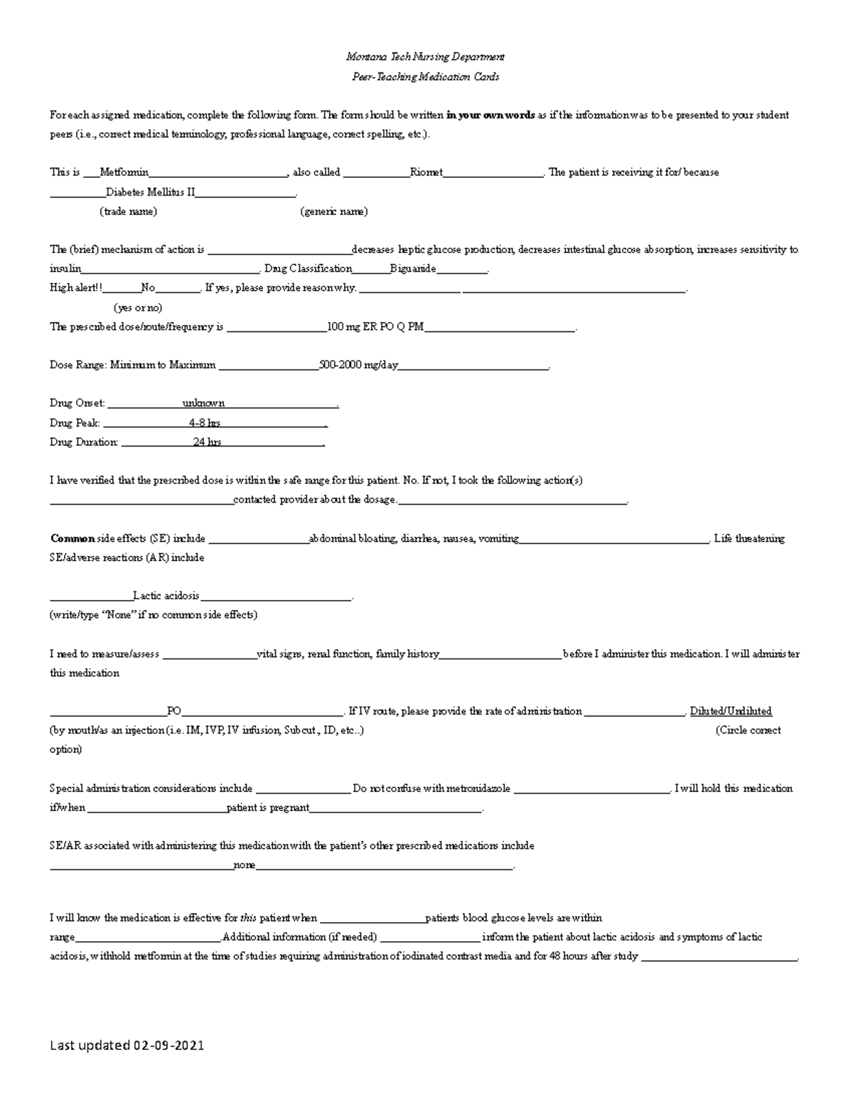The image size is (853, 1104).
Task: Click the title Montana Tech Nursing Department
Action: (425, 57)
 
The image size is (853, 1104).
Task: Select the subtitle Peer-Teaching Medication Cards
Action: (425, 77)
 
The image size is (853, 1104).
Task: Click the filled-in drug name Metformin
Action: (124, 172)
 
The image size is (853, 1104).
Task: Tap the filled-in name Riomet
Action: (426, 172)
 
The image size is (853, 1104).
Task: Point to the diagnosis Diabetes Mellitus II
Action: (150, 192)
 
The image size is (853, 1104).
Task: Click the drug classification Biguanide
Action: (413, 269)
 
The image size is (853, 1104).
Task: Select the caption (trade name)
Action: (128, 211)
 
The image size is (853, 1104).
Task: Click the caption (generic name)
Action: (333, 211)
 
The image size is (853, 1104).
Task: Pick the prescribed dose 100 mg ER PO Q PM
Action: (375, 327)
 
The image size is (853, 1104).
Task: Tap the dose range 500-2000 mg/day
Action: (358, 365)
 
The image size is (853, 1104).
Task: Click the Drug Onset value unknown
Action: (203, 403)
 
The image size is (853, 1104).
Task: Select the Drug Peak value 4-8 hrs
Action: (204, 423)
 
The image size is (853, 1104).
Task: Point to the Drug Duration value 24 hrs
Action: (207, 442)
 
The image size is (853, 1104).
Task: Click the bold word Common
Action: (72, 539)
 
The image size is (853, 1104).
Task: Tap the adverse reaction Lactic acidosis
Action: (166, 596)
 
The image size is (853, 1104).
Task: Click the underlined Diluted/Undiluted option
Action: (730, 711)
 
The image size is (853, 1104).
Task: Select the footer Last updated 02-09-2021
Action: (127, 1046)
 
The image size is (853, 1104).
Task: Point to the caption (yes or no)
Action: (138, 308)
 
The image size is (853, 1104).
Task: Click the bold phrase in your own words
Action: (490, 115)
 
